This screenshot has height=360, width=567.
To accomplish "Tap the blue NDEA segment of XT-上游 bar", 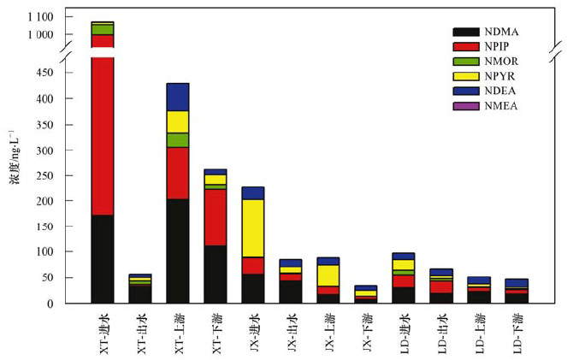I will (x=178, y=97).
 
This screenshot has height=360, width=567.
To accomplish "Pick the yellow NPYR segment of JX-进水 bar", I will (x=252, y=227).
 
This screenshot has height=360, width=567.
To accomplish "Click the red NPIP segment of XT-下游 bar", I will (x=216, y=217).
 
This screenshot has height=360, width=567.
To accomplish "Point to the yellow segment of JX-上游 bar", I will (x=328, y=274).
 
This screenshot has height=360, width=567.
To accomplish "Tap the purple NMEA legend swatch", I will (x=467, y=106).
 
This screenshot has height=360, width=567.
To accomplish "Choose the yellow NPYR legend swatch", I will (x=467, y=76).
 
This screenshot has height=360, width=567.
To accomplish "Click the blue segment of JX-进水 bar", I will (x=252, y=192).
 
